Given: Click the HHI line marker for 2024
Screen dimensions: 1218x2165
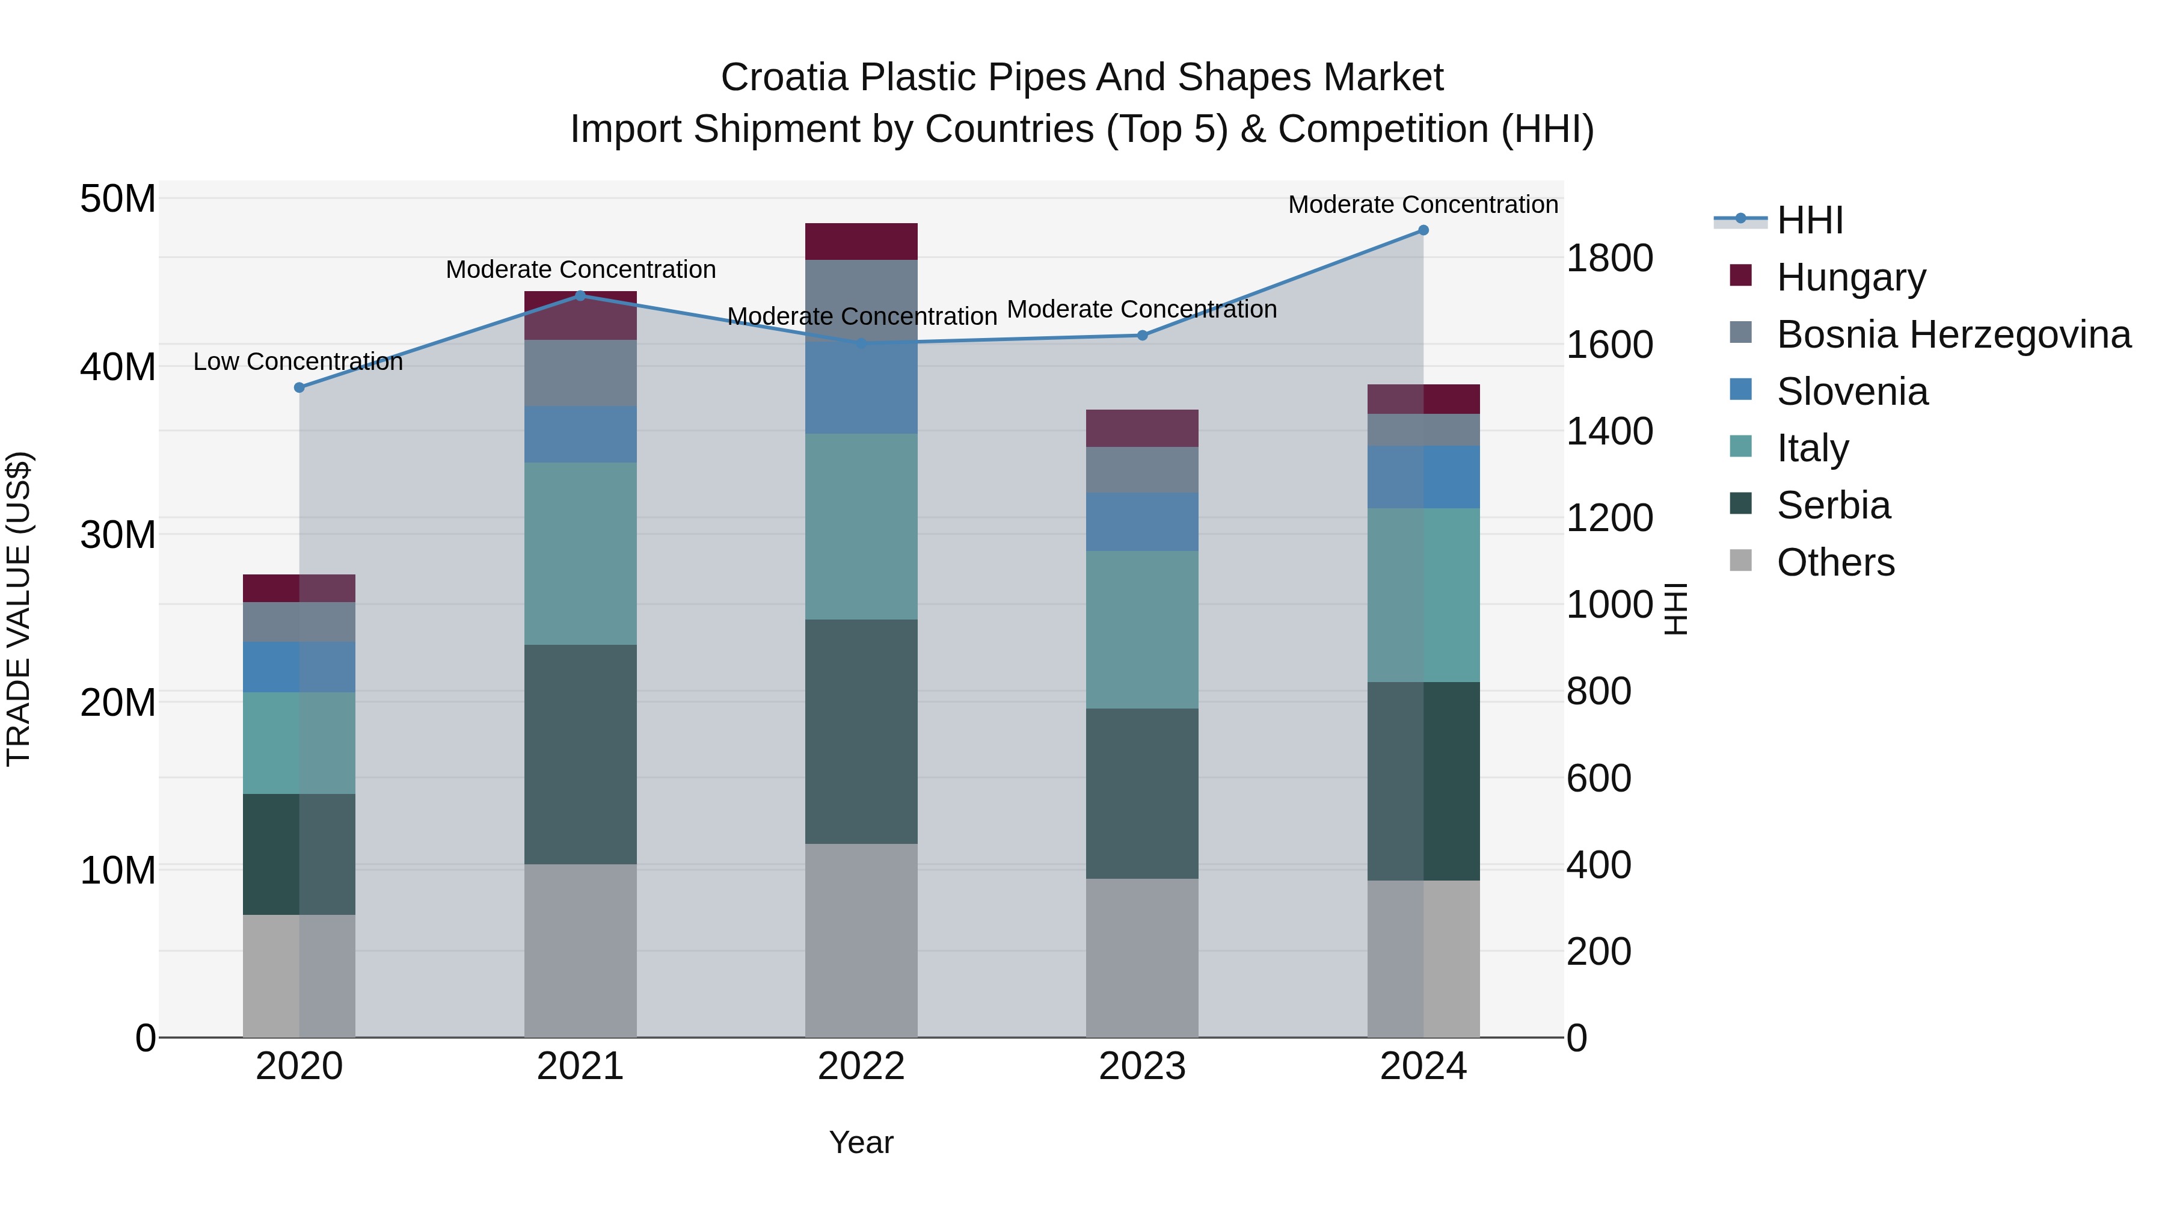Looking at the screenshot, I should (1423, 230).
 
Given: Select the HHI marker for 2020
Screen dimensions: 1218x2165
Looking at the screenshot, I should (299, 387).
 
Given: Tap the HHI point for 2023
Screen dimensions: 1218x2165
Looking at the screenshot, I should (1142, 336).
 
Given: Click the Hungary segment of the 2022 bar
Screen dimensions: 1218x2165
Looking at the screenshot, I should (861, 241).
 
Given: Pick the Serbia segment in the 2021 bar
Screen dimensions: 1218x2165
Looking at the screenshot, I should (580, 754).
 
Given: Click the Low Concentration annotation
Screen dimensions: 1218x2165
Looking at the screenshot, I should (298, 362).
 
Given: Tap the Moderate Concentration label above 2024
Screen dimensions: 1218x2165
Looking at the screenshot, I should (1422, 205).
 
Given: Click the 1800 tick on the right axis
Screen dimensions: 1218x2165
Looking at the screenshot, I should (1609, 258).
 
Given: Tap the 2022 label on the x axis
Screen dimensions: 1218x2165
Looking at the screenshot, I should (861, 1066).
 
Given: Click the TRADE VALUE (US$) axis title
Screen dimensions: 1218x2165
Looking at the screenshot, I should (19, 609).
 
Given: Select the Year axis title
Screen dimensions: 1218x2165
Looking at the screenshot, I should (861, 1142).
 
